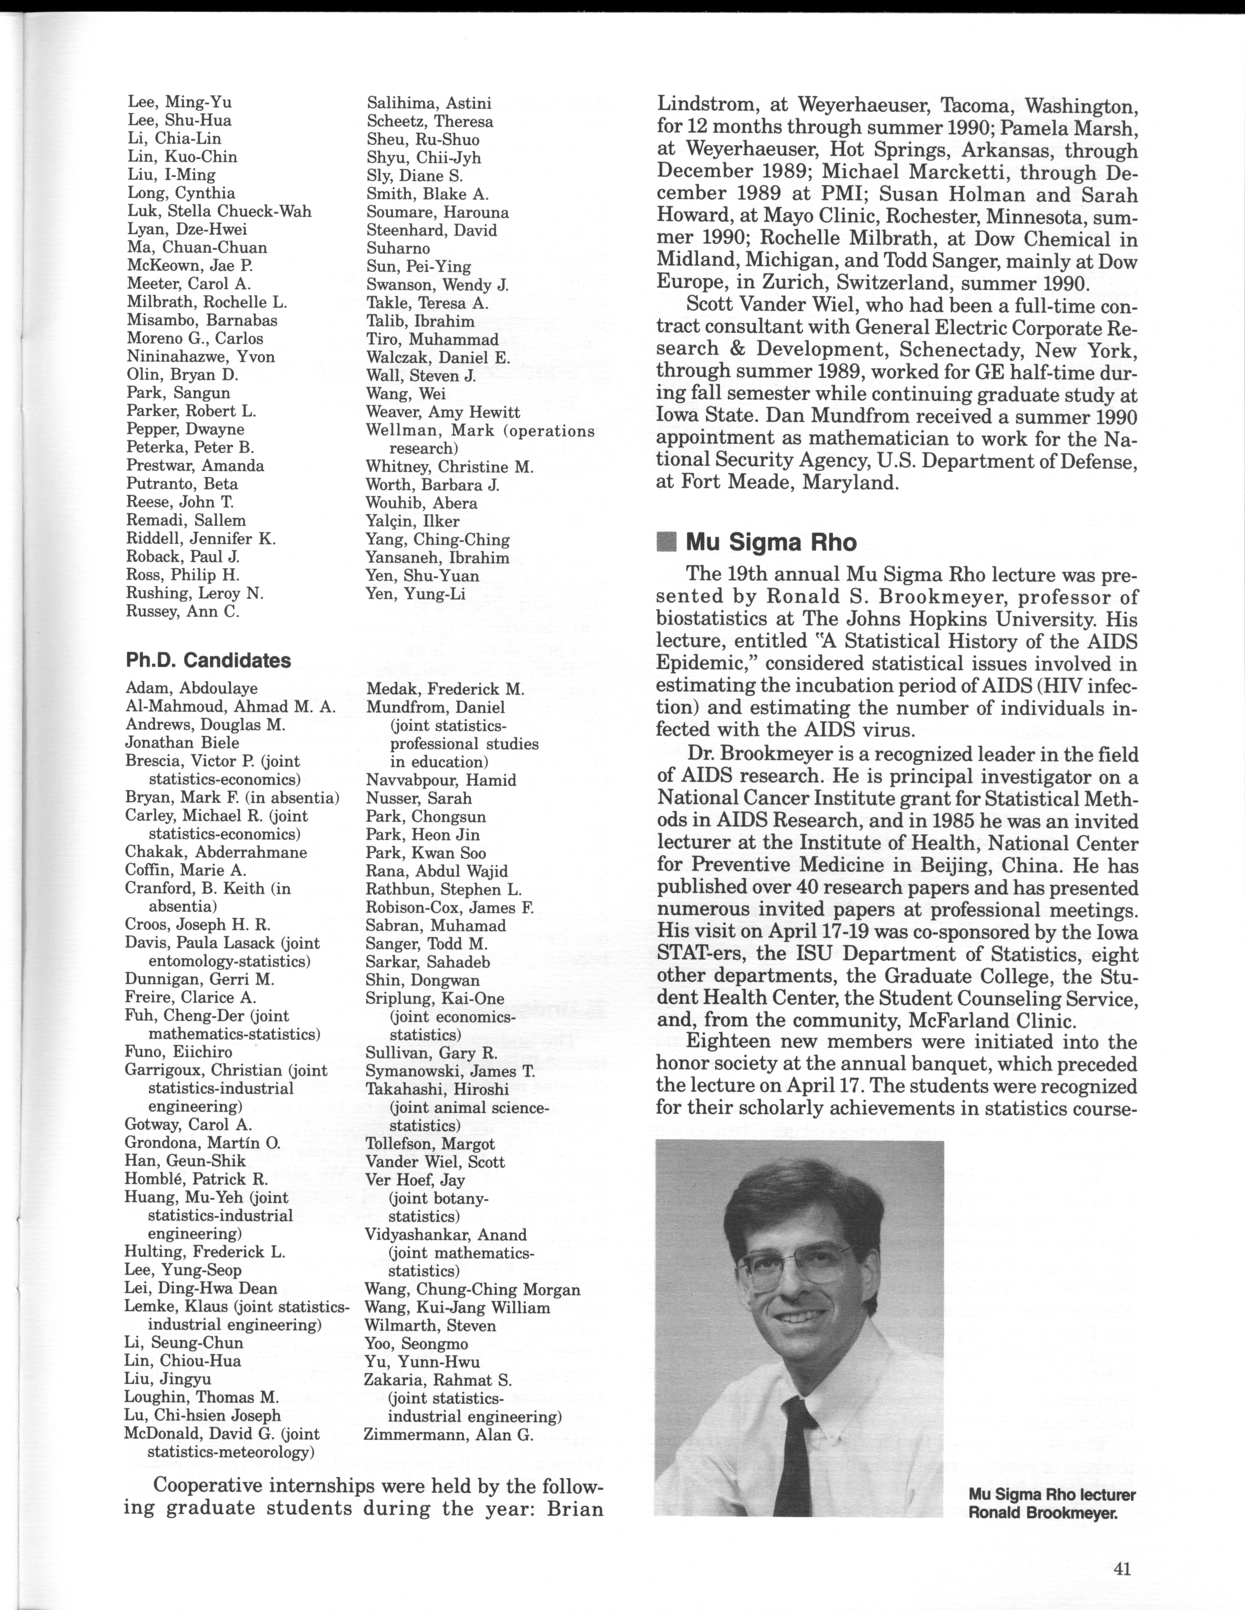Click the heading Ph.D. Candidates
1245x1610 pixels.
point(208,661)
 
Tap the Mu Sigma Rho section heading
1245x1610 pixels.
point(771,543)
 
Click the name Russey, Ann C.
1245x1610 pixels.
point(183,612)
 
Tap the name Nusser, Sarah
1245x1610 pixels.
point(419,798)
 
